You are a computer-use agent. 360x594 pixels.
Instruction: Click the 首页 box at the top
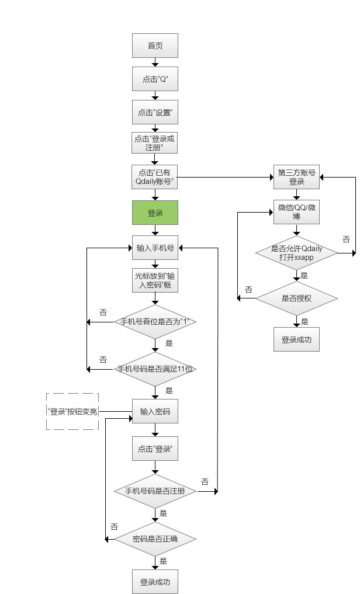coord(155,46)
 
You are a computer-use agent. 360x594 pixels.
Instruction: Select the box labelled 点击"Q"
coord(155,79)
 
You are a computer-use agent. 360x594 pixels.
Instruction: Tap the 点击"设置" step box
coord(155,112)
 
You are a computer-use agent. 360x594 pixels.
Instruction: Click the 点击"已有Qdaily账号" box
coord(155,177)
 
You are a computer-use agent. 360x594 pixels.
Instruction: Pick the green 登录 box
coord(155,213)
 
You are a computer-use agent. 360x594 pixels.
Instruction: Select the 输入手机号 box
coord(155,248)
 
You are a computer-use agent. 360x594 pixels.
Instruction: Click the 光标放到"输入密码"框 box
coord(155,281)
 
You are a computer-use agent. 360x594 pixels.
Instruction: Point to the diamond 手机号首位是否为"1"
coord(155,322)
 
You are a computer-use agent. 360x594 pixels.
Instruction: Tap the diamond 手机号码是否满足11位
coord(155,369)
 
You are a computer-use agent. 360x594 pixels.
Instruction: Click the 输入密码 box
coord(155,412)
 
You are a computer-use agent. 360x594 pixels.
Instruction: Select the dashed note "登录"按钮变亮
coord(72,412)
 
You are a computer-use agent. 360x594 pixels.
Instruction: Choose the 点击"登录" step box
coord(155,450)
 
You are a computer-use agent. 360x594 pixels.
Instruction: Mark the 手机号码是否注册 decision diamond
coord(155,491)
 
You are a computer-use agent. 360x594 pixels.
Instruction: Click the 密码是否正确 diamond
coord(155,539)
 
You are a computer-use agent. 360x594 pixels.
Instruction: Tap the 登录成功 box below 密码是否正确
coord(155,582)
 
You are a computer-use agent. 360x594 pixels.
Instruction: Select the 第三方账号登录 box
coord(297,177)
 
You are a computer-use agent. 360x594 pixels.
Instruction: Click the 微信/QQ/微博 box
coord(297,212)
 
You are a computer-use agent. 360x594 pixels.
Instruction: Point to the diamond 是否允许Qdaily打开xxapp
coord(297,253)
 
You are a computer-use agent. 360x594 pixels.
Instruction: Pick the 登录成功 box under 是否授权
coord(297,339)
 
